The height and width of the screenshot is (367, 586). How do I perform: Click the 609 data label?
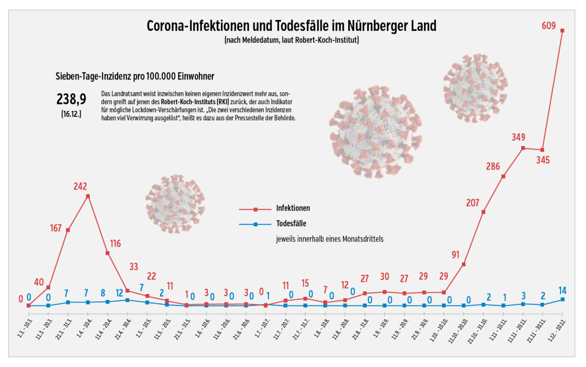(x=549, y=26)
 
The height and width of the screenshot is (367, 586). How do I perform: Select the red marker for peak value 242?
(x=88, y=196)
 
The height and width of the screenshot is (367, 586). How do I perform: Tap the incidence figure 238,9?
(x=71, y=100)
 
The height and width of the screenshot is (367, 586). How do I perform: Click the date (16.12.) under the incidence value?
(x=71, y=114)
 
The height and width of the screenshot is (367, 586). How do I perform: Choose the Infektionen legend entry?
(x=293, y=208)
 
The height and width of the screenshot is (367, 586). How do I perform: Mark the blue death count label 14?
(x=562, y=290)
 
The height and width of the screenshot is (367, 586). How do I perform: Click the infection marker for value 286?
(x=503, y=176)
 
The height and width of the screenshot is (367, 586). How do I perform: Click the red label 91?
(x=456, y=254)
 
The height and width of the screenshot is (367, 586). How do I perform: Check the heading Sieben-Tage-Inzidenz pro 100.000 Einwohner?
(x=135, y=76)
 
